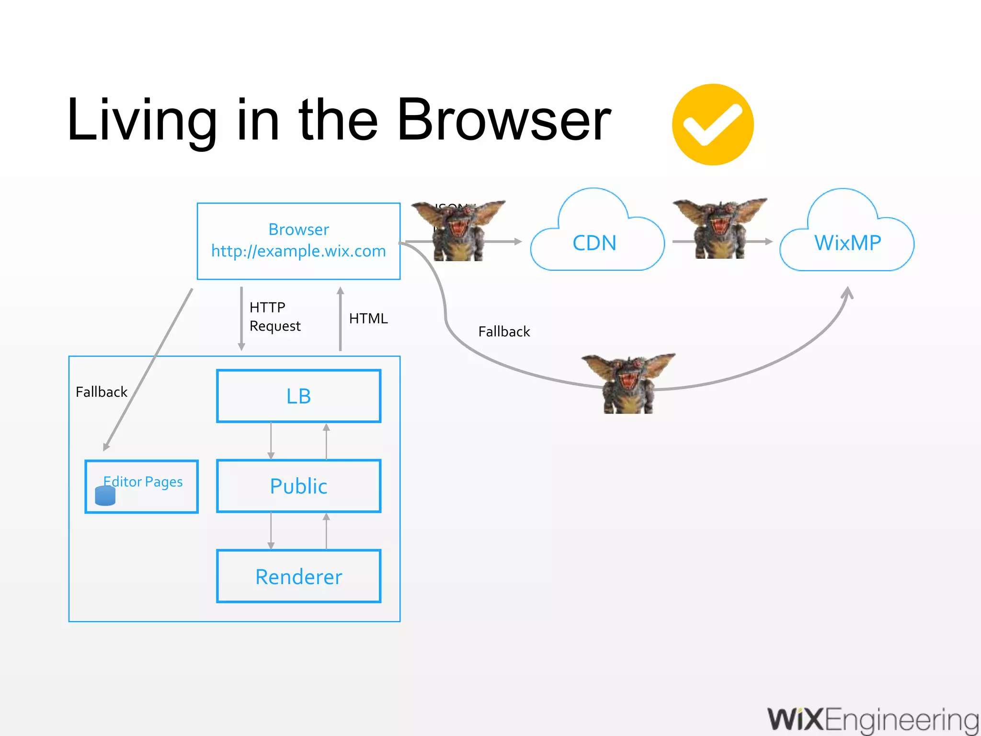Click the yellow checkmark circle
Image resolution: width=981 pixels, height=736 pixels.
tap(713, 125)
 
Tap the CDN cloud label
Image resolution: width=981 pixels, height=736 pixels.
tap(594, 243)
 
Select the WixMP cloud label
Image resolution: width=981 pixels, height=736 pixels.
tap(847, 243)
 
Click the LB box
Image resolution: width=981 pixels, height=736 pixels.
tap(298, 396)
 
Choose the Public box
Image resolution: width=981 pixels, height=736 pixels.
tap(298, 486)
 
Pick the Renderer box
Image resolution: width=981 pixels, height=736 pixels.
tap(298, 576)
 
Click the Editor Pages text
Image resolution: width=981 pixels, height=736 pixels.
tap(144, 482)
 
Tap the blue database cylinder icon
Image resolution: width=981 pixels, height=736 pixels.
tap(105, 496)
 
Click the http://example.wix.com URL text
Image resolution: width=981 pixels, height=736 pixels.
tap(298, 251)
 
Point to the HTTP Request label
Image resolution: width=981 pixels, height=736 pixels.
tap(274, 316)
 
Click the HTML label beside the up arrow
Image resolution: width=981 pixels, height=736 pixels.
tap(368, 319)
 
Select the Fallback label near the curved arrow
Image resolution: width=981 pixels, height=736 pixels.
tap(504, 332)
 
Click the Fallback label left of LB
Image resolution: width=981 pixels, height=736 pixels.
tap(102, 392)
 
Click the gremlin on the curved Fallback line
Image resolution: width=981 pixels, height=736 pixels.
tap(628, 383)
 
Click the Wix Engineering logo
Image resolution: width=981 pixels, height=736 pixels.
tap(873, 720)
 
